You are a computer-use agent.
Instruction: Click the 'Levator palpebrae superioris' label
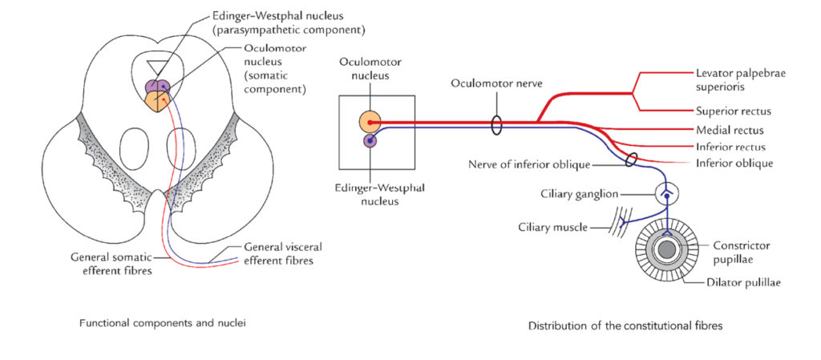click(x=740, y=79)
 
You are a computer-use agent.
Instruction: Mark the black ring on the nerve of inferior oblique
click(x=633, y=160)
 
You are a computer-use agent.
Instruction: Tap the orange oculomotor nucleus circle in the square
click(x=370, y=122)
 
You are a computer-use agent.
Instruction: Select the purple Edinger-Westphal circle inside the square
click(x=370, y=141)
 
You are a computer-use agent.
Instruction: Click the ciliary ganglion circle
click(x=666, y=193)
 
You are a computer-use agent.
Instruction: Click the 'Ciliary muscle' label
click(x=553, y=228)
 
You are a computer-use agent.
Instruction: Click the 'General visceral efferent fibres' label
click(x=283, y=253)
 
